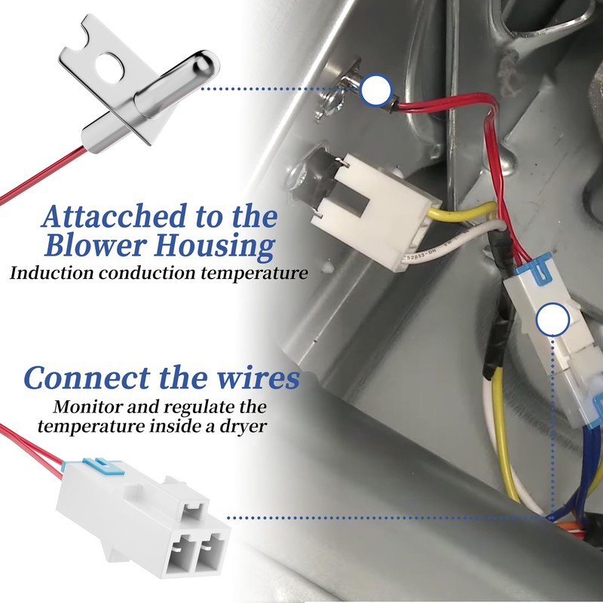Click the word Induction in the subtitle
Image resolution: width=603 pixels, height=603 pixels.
pyautogui.click(x=47, y=273)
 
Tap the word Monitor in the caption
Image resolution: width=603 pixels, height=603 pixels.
pyautogui.click(x=85, y=408)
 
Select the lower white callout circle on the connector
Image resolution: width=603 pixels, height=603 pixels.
pyautogui.click(x=552, y=321)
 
